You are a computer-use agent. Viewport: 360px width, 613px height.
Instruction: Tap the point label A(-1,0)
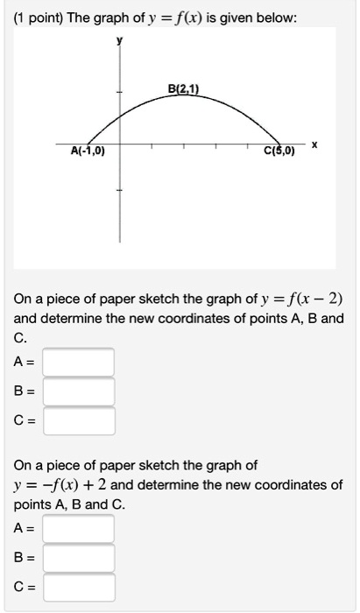tap(88, 151)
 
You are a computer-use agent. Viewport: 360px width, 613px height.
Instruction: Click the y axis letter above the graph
tap(122, 39)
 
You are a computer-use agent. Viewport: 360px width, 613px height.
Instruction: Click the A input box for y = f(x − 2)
tap(79, 362)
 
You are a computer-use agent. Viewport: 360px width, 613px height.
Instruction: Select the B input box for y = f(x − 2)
tap(79, 391)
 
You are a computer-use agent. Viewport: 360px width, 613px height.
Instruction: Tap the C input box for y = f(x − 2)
tap(79, 421)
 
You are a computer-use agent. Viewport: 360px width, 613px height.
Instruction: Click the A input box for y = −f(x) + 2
tap(79, 528)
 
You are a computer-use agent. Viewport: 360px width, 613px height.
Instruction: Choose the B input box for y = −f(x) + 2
tap(79, 558)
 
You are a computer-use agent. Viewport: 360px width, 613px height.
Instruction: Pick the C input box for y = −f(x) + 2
tap(79, 587)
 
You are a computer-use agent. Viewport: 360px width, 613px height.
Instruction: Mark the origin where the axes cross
tap(122, 142)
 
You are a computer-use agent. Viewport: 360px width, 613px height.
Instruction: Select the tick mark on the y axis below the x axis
tap(122, 191)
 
